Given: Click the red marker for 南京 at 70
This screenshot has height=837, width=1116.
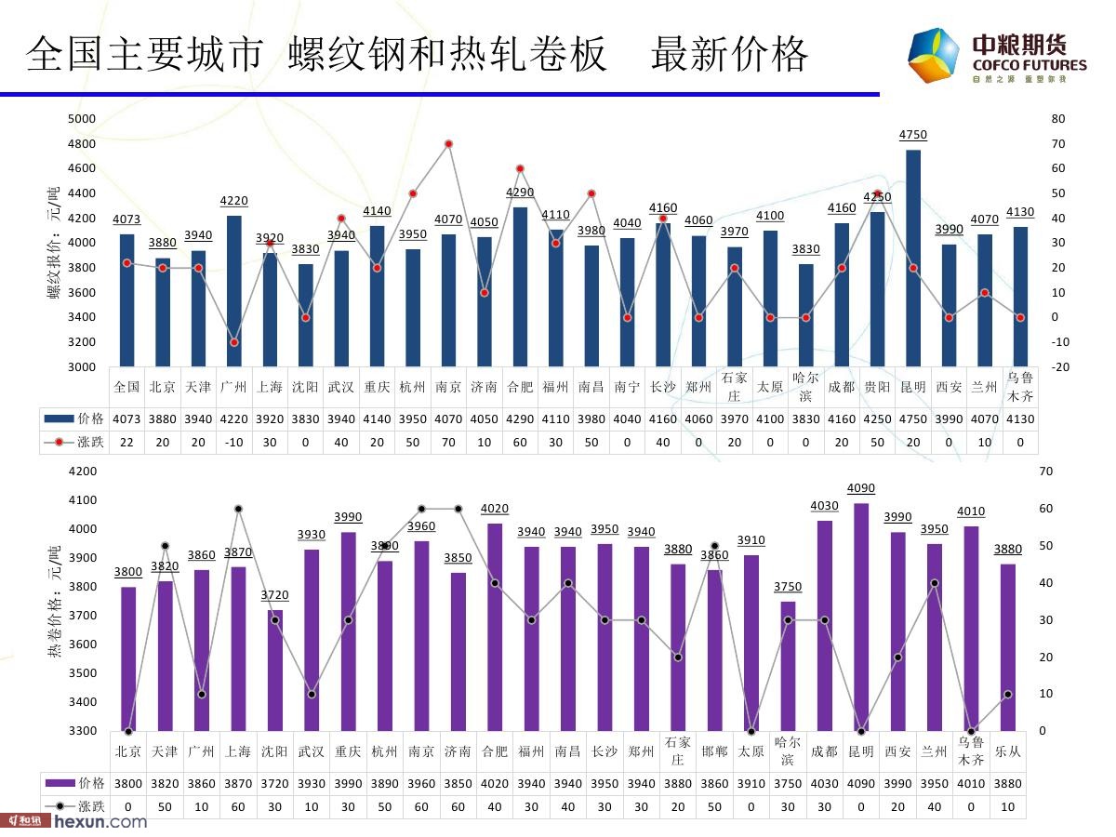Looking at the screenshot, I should coord(448,144).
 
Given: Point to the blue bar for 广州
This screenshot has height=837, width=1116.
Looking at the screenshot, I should coord(234,291).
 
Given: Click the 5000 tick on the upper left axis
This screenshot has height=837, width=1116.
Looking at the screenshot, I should coord(82,119).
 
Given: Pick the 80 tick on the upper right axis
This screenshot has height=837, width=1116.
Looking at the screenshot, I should coord(1058,119).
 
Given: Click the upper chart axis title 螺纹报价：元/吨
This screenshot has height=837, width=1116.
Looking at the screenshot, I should coord(53,242).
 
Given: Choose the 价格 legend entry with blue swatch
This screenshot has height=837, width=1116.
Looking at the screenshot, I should coord(75,418).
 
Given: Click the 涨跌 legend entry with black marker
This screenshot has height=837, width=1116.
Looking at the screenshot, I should coord(75,806).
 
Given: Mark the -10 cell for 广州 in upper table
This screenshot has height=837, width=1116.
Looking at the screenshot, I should coord(233,443).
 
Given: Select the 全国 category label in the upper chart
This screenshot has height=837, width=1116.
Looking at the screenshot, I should coord(126,387).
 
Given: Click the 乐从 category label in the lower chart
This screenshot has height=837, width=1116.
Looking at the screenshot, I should coord(1008,751).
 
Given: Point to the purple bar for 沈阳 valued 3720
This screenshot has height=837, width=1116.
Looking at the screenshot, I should coord(275,671).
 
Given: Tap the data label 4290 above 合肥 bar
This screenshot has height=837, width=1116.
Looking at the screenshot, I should coord(520,192).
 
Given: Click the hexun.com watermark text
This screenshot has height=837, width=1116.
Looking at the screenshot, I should coord(100,822).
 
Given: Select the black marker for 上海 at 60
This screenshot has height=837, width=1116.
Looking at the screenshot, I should coord(238,509).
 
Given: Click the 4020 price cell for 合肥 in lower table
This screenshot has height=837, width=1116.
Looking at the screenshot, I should coord(494,783).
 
